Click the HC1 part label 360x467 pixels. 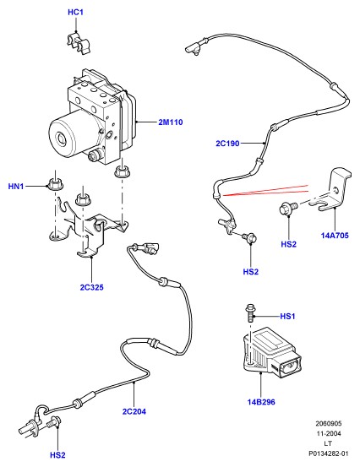tap(75, 12)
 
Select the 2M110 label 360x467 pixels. tap(171, 122)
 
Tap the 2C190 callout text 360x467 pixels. tap(227, 144)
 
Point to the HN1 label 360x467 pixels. tap(16, 187)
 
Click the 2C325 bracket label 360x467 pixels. tap(92, 287)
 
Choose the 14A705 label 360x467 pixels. tap(335, 236)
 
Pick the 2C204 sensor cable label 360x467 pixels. tap(134, 411)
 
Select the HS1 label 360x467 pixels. tap(287, 317)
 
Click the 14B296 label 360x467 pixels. tap(261, 402)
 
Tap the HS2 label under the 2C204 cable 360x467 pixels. tap(57, 455)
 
